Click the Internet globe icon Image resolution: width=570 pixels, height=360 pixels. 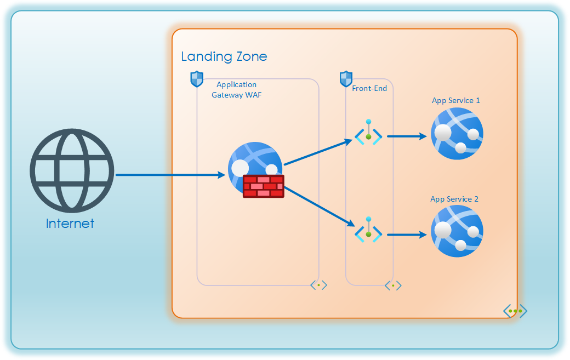[72, 170]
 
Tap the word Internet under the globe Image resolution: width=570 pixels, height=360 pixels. [70, 224]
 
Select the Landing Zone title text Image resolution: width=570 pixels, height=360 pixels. [224, 56]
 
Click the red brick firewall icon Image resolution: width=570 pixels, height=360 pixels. [264, 186]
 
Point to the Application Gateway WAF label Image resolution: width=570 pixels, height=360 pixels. [236, 90]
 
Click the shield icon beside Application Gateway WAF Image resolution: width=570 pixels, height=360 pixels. [197, 79]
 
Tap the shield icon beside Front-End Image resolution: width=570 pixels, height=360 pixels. [346, 79]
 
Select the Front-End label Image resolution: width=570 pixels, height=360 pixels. [369, 88]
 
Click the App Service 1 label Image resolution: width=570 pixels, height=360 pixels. [456, 100]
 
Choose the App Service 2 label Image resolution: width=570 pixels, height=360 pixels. [454, 199]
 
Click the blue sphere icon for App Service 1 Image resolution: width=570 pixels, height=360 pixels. [457, 133]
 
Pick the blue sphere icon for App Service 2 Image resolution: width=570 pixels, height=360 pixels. [457, 231]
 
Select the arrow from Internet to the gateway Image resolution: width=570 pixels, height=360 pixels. [170, 175]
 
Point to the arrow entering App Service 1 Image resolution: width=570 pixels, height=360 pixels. [407, 136]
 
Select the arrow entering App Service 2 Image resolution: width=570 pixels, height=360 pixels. [407, 235]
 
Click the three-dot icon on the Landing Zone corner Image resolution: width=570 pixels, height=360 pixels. [515, 311]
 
